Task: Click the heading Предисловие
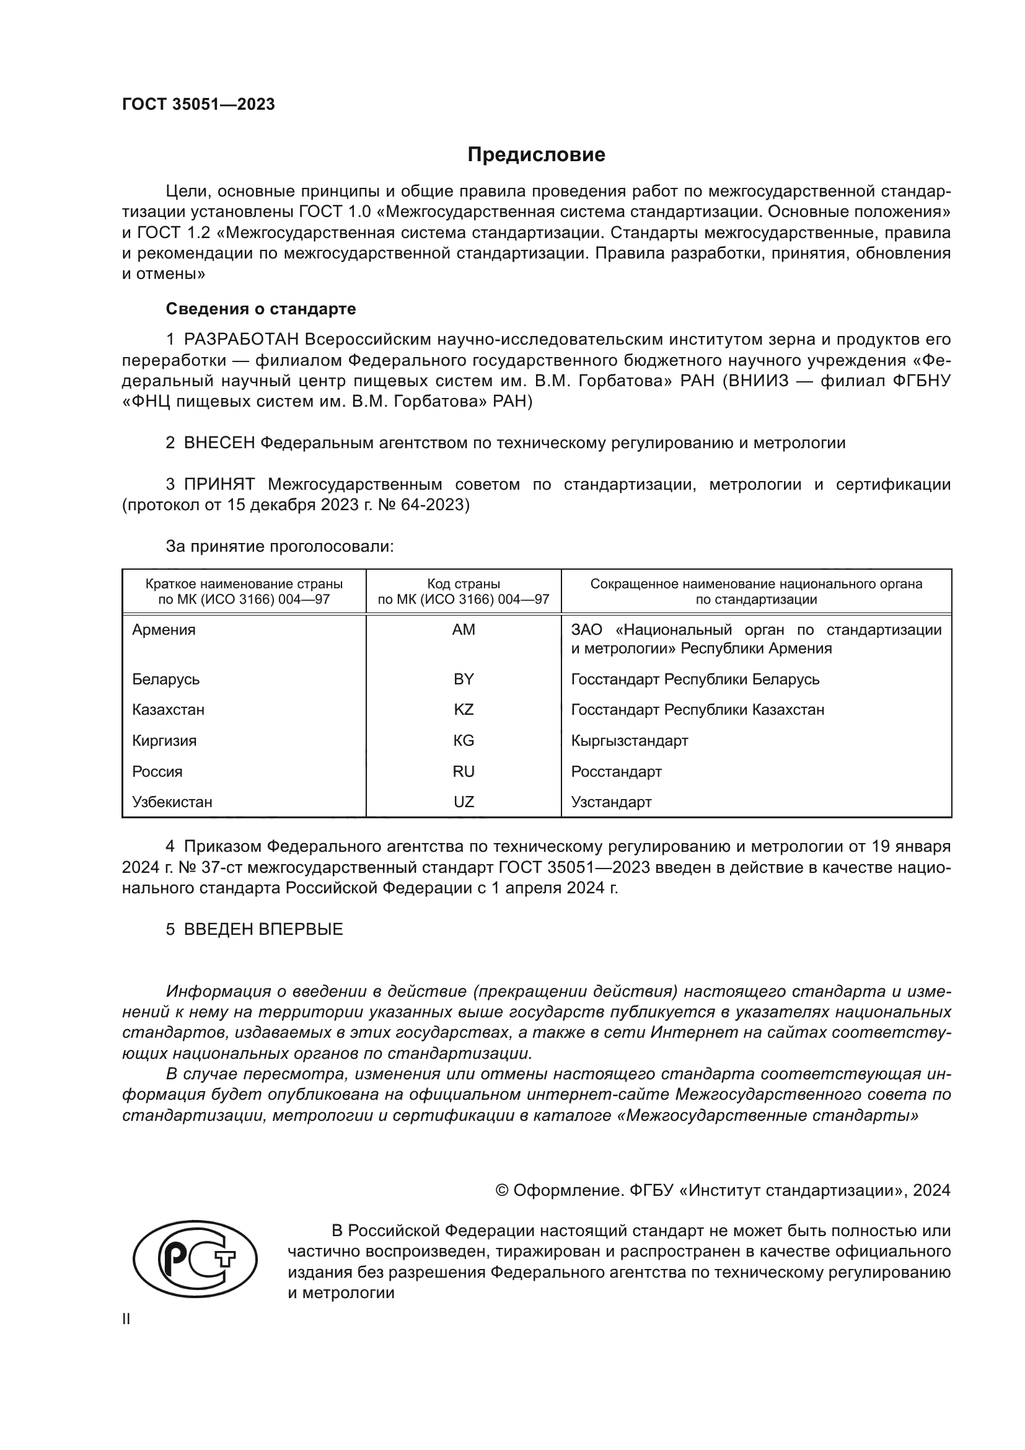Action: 536,155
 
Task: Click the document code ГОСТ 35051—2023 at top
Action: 198,105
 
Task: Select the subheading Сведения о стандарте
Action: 261,309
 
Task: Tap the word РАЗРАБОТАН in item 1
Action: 242,340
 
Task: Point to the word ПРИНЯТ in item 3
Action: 219,484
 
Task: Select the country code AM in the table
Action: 464,630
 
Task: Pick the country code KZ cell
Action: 464,710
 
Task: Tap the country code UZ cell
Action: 464,802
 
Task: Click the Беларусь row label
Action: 166,679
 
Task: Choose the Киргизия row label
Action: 164,741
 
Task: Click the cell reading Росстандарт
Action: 616,772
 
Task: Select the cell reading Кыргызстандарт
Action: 629,741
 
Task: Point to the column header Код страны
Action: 464,584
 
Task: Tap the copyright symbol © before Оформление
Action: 503,1191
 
